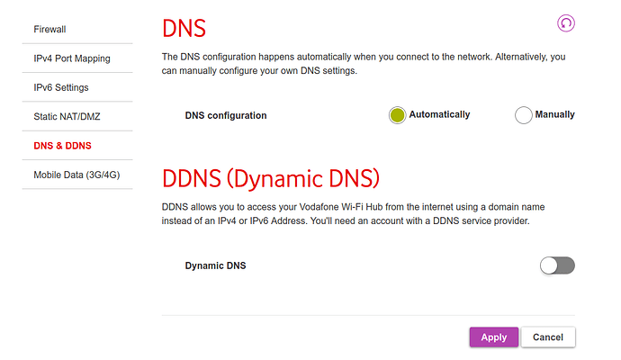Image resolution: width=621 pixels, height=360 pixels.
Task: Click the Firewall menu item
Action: (50, 30)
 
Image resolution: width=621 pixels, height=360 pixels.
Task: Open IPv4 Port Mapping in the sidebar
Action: (72, 58)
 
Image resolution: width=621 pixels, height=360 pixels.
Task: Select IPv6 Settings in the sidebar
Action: (61, 87)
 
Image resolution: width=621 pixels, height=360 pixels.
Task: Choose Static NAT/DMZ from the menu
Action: (67, 117)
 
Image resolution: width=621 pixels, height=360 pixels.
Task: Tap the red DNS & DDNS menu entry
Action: (63, 146)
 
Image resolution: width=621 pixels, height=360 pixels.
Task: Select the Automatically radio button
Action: (398, 115)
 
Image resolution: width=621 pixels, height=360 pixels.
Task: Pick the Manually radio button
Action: (524, 115)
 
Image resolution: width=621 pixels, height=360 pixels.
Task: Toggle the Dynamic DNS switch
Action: (557, 265)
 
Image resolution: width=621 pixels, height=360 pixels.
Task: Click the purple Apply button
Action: (493, 337)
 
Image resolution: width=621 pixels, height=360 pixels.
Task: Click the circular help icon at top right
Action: (565, 23)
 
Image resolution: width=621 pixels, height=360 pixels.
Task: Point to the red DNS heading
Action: (184, 28)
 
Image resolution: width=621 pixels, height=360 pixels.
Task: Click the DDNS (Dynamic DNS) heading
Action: (271, 177)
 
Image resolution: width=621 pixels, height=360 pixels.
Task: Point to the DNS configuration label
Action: (226, 115)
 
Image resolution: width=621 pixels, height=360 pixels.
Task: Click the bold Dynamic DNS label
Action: (215, 266)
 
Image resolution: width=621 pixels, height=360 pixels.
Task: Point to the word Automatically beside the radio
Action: (439, 115)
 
